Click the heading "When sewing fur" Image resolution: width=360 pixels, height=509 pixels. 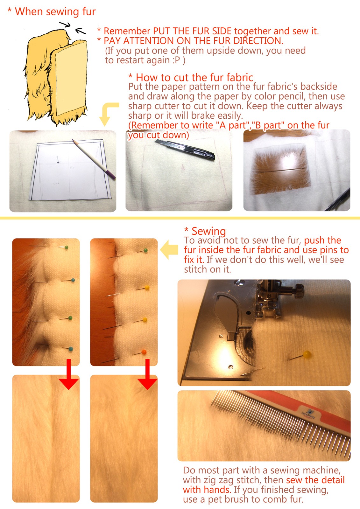point(55,11)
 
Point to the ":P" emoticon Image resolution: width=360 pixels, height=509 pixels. point(176,60)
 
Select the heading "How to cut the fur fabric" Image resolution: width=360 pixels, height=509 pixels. point(194,78)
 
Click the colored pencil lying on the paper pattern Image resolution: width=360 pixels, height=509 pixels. point(94,159)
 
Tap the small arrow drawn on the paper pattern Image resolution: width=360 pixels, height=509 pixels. point(58,160)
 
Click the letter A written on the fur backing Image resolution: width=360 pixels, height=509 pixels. point(183,168)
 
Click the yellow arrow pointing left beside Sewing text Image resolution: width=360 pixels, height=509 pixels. point(169,250)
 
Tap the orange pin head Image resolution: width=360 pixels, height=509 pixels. point(144,352)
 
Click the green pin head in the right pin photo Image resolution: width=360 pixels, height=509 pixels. point(146,250)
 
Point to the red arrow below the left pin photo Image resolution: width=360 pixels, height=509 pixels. point(69,374)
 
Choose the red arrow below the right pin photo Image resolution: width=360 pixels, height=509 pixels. point(147,374)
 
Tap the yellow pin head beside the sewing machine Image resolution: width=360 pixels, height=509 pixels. point(307,354)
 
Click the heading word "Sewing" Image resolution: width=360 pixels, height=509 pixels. point(209,231)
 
